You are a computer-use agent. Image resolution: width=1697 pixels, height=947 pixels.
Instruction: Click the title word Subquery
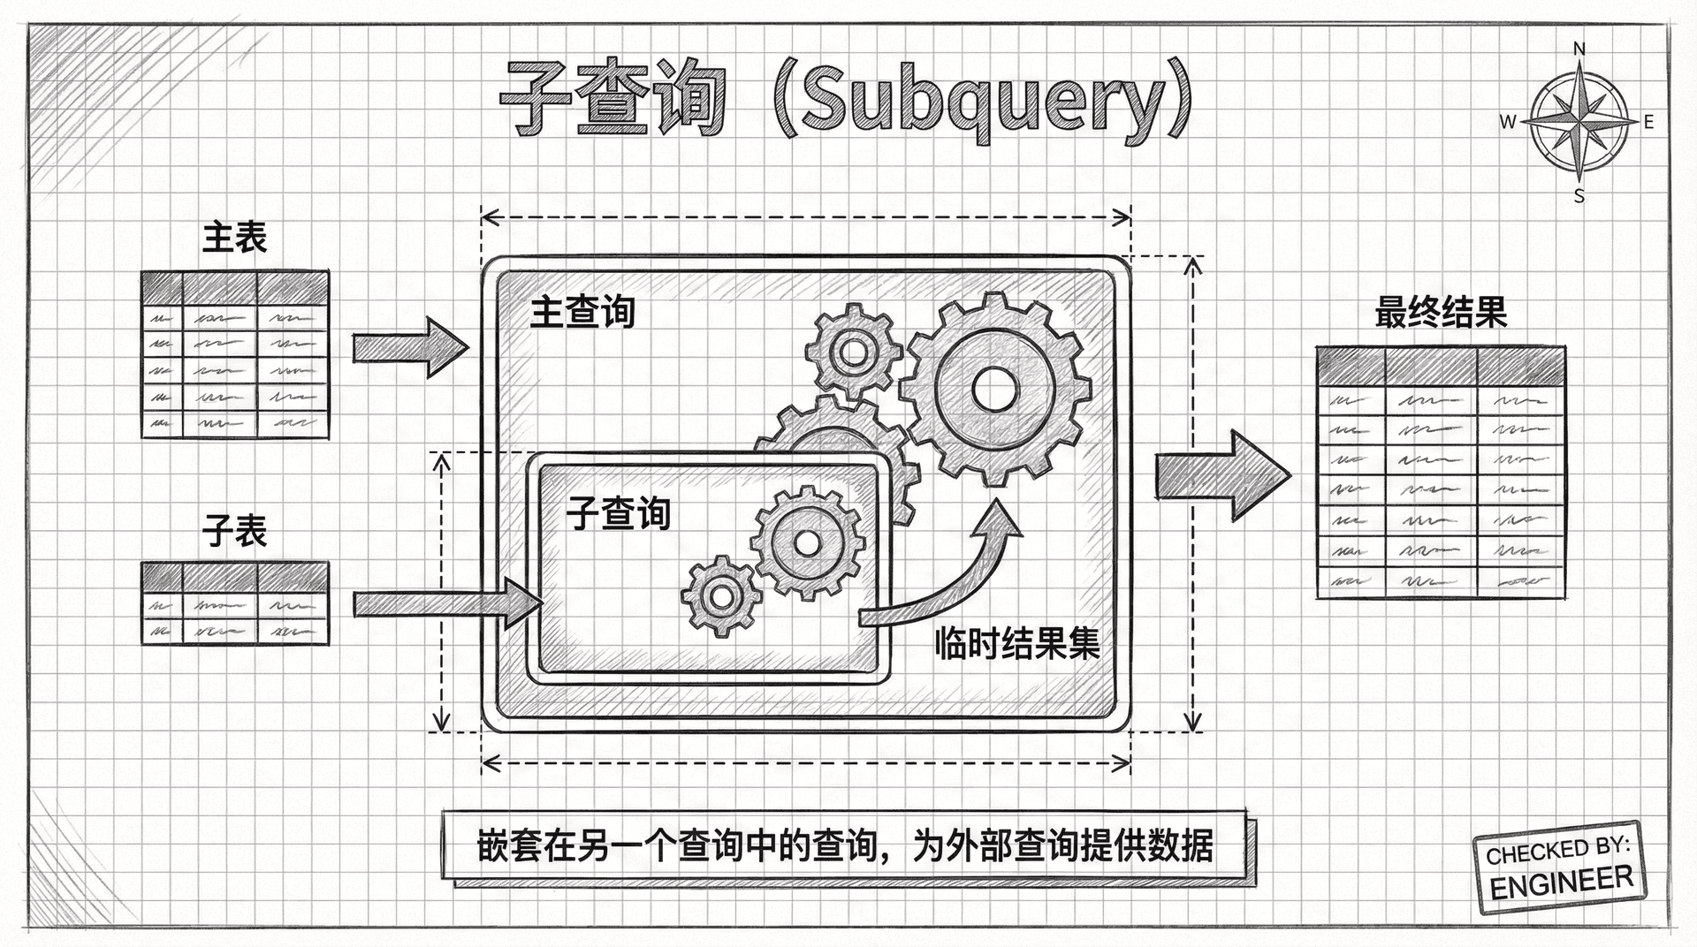[x=981, y=102]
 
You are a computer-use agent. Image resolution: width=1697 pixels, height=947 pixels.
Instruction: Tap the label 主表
[x=234, y=237]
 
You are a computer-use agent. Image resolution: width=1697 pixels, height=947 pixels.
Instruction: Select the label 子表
[x=234, y=531]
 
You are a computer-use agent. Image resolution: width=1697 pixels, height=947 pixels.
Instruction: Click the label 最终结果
[x=1441, y=313]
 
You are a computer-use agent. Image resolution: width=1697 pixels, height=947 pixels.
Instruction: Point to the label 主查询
[x=582, y=313]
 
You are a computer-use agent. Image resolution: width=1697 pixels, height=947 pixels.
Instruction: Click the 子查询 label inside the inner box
[x=619, y=513]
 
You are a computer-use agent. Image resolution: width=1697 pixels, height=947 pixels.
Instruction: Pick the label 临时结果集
[x=1016, y=644]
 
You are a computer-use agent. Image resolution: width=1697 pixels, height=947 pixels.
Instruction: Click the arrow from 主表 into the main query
[x=409, y=347]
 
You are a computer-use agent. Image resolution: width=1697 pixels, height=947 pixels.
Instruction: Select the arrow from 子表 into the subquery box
[x=446, y=603]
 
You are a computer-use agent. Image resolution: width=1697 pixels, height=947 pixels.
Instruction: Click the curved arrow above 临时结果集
[x=955, y=574]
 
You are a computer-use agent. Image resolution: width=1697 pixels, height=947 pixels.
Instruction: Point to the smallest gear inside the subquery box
[x=721, y=596]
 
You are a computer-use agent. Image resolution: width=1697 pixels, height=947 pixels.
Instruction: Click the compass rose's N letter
[x=1580, y=49]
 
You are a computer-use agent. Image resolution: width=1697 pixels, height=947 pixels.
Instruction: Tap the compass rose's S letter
[x=1579, y=197]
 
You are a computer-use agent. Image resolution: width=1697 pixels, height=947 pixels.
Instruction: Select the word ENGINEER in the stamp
[x=1562, y=882]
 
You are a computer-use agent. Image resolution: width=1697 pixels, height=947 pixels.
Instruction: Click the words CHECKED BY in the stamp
[x=1556, y=850]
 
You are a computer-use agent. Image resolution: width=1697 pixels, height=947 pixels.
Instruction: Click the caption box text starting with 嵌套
[x=844, y=846]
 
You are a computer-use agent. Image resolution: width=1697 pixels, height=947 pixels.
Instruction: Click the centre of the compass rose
[x=1580, y=122]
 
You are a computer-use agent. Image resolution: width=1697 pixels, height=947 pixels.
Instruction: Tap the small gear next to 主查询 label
[x=854, y=352]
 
